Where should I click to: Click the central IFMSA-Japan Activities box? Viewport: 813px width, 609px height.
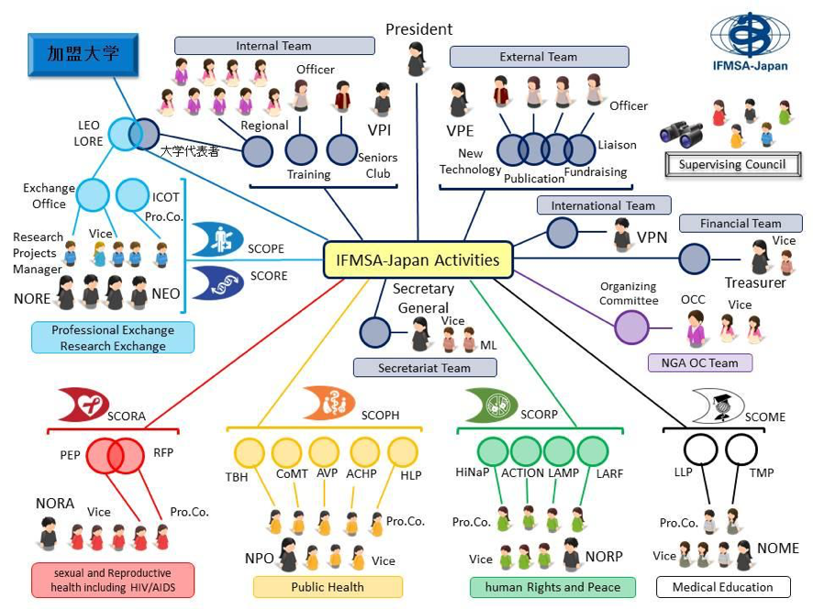[418, 260]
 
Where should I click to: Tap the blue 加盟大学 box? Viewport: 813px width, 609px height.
[83, 54]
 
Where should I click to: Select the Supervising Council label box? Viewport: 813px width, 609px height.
[731, 165]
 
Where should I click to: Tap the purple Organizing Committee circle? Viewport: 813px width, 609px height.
[631, 327]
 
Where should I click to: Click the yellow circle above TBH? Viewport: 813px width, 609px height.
[250, 453]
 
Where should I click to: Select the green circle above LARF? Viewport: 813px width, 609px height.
[593, 451]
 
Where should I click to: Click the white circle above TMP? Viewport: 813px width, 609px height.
[741, 450]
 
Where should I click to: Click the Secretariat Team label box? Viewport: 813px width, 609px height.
[424, 368]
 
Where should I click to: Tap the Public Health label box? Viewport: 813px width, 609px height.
[328, 587]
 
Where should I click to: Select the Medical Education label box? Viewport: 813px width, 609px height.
[722, 587]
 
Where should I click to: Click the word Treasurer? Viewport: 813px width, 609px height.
[755, 282]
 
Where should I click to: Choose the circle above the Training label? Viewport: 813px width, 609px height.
[301, 149]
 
